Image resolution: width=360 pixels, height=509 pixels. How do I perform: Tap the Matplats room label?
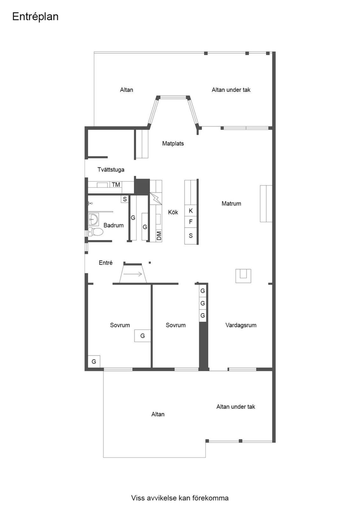point(173,143)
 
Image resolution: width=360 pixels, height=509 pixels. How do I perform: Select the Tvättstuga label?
point(111,170)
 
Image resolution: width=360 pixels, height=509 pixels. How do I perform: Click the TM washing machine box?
point(116,185)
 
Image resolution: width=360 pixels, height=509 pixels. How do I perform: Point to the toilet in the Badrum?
point(95,232)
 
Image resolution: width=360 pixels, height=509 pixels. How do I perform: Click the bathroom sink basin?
point(93,219)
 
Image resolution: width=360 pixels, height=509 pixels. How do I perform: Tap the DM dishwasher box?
point(159,235)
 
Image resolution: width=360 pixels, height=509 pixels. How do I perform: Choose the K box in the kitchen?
point(191,211)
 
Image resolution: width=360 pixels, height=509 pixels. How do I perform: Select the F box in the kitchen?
point(191,221)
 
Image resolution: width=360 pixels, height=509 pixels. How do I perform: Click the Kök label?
point(173,212)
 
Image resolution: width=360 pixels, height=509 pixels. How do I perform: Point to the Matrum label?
point(231,203)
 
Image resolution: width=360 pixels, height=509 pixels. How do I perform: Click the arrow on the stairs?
point(133,274)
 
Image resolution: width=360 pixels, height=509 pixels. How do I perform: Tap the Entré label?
point(106,263)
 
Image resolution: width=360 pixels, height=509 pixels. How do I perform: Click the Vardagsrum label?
point(241,325)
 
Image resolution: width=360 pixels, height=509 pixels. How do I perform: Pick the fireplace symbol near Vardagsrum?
point(243,276)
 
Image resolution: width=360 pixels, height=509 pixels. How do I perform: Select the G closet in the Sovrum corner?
point(94,361)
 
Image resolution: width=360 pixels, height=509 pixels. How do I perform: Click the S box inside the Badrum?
point(125,199)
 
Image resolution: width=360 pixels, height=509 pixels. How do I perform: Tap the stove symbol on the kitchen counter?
point(156,199)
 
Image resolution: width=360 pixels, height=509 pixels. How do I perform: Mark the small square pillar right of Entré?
point(150,263)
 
